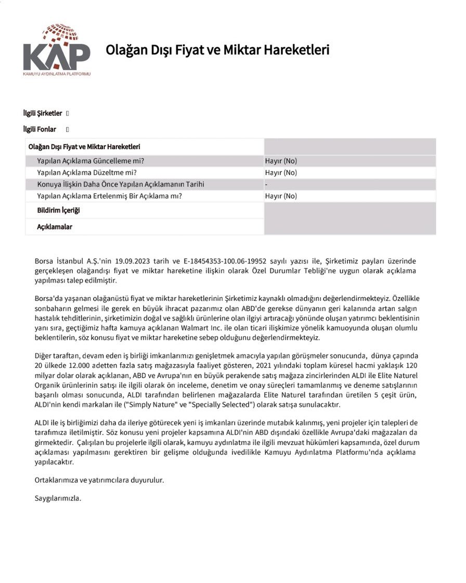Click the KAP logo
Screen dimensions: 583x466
tap(56, 50)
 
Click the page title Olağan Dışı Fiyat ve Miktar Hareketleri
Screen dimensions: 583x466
tap(217, 50)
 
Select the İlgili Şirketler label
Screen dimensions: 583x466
tap(43, 113)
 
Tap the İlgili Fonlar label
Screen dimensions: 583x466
tap(40, 129)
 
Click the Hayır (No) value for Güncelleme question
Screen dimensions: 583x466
tap(281, 161)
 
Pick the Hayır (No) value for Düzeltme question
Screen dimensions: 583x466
tap(281, 173)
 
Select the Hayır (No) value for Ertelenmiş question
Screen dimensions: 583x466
tap(281, 196)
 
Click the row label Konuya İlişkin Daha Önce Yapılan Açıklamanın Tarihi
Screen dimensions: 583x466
tap(121, 184)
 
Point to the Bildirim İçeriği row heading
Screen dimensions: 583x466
tap(58, 210)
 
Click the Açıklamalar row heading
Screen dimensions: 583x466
tap(55, 227)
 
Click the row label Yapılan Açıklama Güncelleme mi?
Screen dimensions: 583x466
tap(90, 161)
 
